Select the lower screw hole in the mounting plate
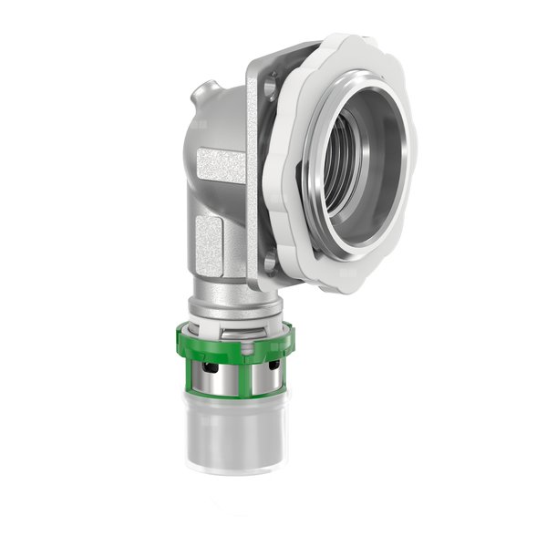[x=269, y=265]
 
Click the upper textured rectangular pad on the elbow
[x=222, y=168]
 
